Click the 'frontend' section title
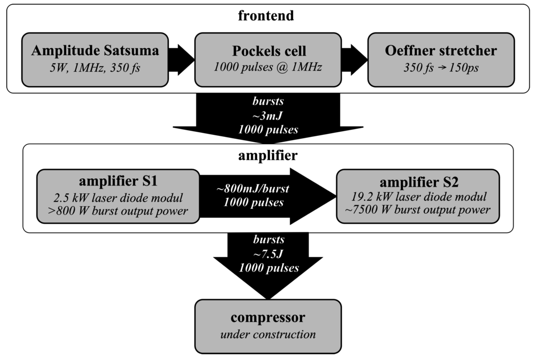coord(266,15)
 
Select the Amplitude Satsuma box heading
coord(95,51)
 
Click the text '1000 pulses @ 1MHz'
coord(267,67)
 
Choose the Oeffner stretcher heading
coord(441,51)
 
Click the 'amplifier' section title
coord(267,156)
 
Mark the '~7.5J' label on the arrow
coord(269,254)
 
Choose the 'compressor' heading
coord(267,318)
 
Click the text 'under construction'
coord(267,334)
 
